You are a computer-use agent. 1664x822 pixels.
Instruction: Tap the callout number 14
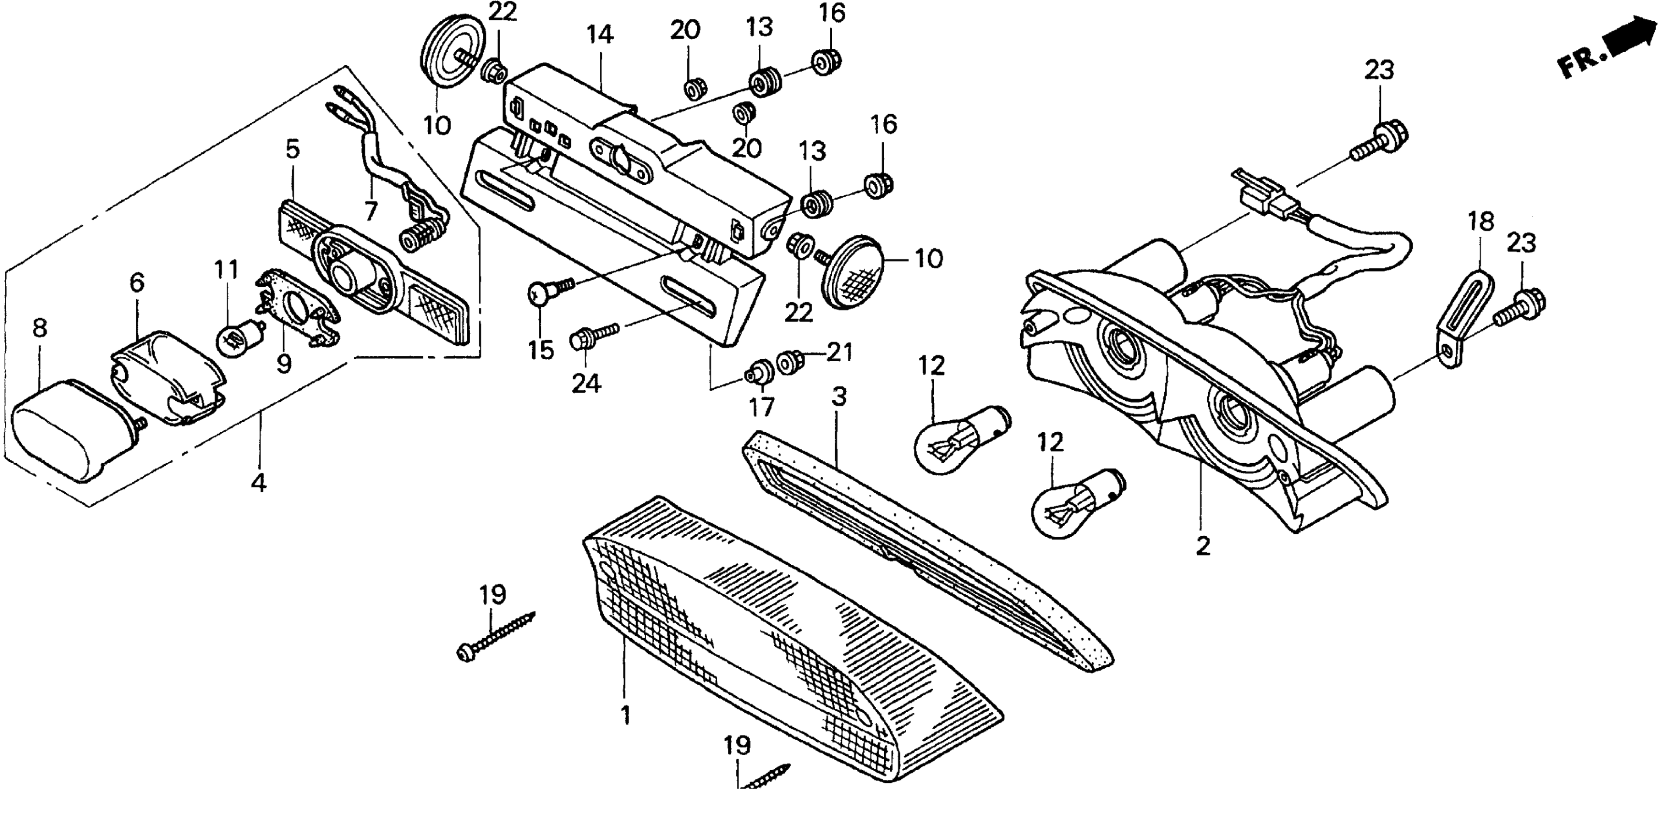pyautogui.click(x=600, y=34)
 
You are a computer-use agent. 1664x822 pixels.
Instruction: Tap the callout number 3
pyautogui.click(x=839, y=397)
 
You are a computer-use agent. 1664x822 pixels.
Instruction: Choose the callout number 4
pyautogui.click(x=259, y=482)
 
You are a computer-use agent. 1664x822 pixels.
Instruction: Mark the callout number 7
pyautogui.click(x=370, y=211)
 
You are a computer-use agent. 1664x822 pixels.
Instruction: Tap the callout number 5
pyautogui.click(x=292, y=150)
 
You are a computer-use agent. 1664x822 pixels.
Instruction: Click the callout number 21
pyautogui.click(x=840, y=352)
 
